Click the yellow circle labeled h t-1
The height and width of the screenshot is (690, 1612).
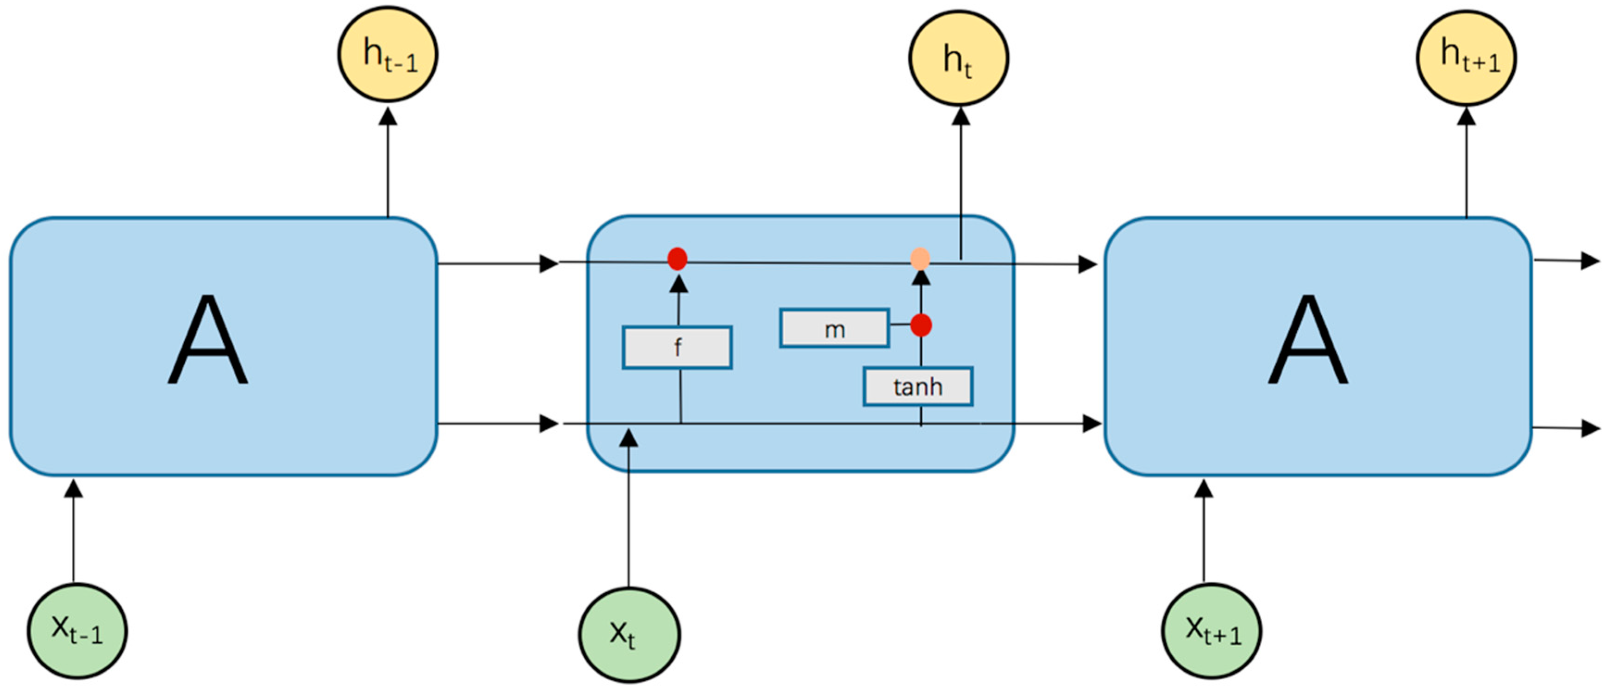pyautogui.click(x=387, y=54)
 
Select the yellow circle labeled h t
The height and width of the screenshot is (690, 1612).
pyautogui.click(x=958, y=58)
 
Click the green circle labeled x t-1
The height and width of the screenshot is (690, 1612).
pyautogui.click(x=77, y=631)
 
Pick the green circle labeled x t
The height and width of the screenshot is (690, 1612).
pyautogui.click(x=629, y=634)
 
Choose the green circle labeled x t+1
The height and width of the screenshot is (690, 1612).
pyautogui.click(x=1212, y=631)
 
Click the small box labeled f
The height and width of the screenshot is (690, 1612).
pyautogui.click(x=677, y=347)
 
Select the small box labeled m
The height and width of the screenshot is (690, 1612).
pyautogui.click(x=834, y=328)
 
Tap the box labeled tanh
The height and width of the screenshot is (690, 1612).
pyautogui.click(x=918, y=386)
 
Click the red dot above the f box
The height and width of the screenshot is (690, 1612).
pyautogui.click(x=677, y=258)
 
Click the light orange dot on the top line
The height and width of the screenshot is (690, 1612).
pyautogui.click(x=920, y=258)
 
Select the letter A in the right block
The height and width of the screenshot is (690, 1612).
pyautogui.click(x=1308, y=341)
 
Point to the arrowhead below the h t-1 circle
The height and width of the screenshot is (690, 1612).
pyautogui.click(x=388, y=116)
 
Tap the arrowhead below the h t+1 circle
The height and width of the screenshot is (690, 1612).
pyautogui.click(x=1466, y=116)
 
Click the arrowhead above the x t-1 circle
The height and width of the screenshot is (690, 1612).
pyautogui.click(x=74, y=489)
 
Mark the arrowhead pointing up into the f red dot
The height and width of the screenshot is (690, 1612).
pyautogui.click(x=678, y=284)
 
